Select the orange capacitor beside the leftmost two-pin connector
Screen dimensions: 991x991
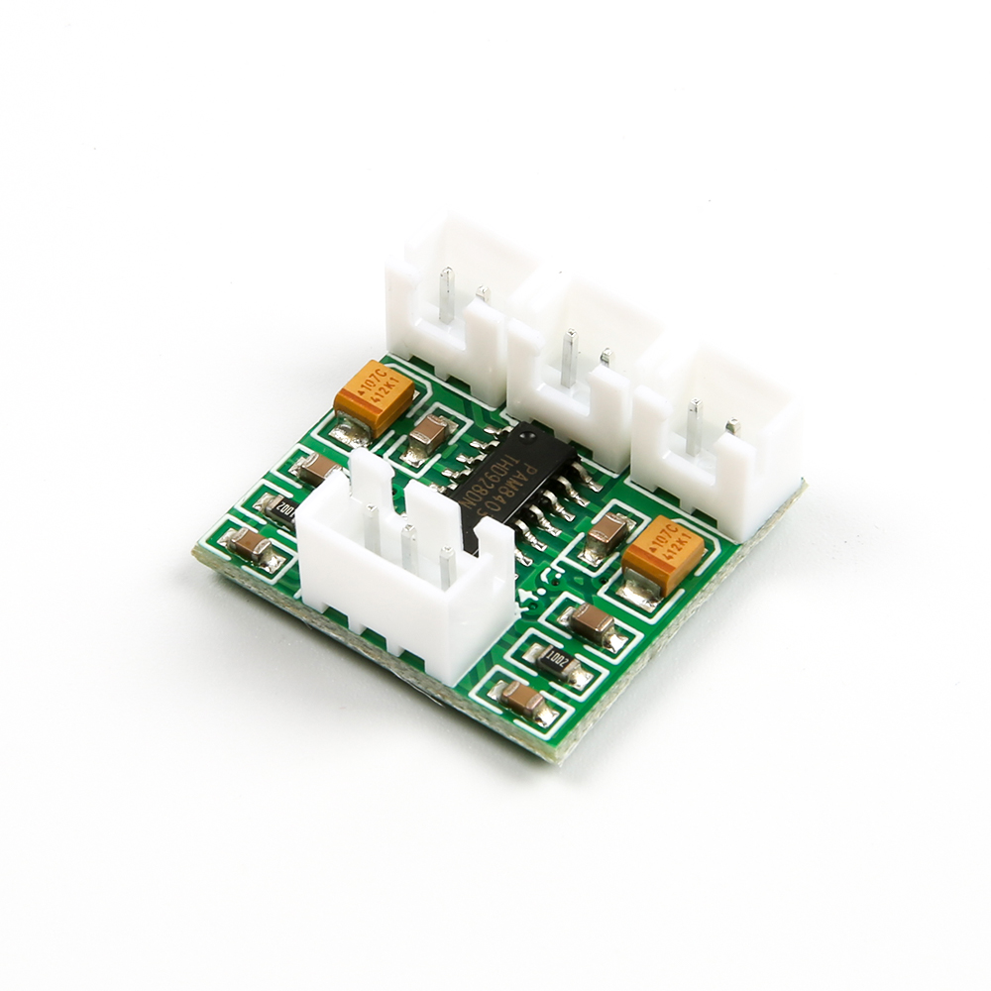tap(374, 395)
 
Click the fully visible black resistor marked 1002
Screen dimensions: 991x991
tap(555, 660)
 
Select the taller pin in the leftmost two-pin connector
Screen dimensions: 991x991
tap(447, 293)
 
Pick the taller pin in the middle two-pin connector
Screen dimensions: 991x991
tap(569, 357)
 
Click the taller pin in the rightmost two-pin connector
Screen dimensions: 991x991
tap(694, 425)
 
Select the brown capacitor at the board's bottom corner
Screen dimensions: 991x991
tap(522, 700)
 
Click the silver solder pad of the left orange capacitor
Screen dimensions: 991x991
tap(349, 429)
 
